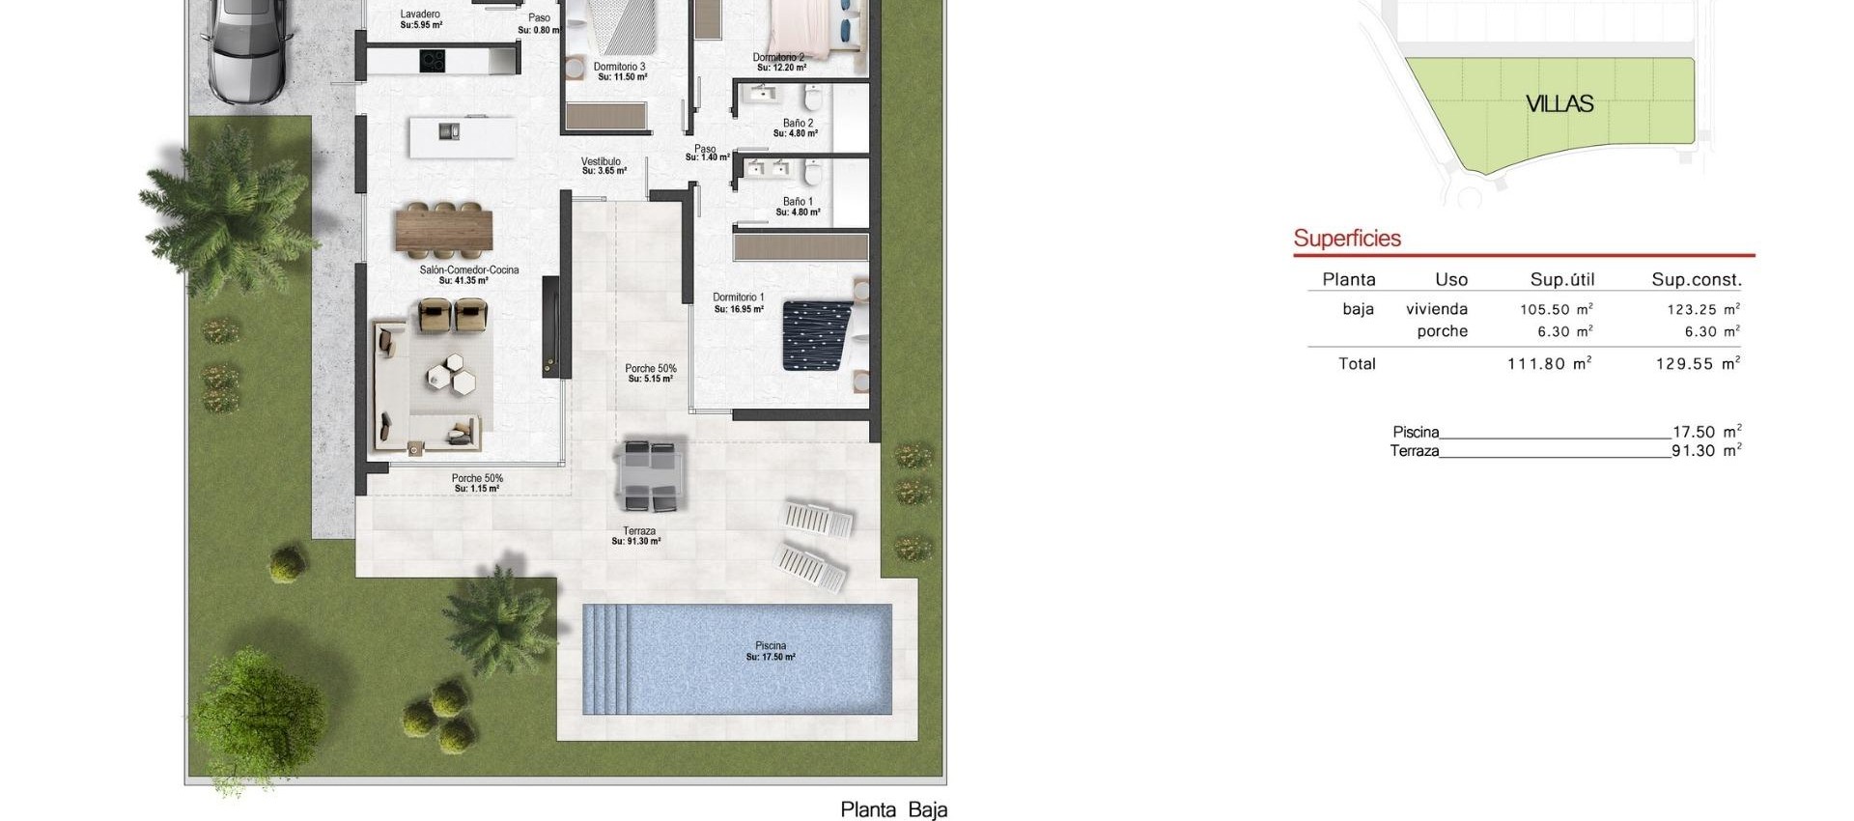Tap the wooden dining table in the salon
pyautogui.click(x=443, y=229)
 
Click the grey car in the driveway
pyautogui.click(x=245, y=48)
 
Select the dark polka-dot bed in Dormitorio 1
pyautogui.click(x=817, y=334)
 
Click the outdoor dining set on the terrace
pyautogui.click(x=650, y=475)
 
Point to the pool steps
pyautogui.click(x=605, y=659)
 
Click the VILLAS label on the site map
pyautogui.click(x=1559, y=104)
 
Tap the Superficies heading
pyautogui.click(x=1347, y=239)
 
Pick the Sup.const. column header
pyautogui.click(x=1697, y=280)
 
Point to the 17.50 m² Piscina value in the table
pyautogui.click(x=1706, y=432)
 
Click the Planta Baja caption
pyautogui.click(x=893, y=809)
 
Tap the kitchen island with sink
pyautogui.click(x=462, y=136)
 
